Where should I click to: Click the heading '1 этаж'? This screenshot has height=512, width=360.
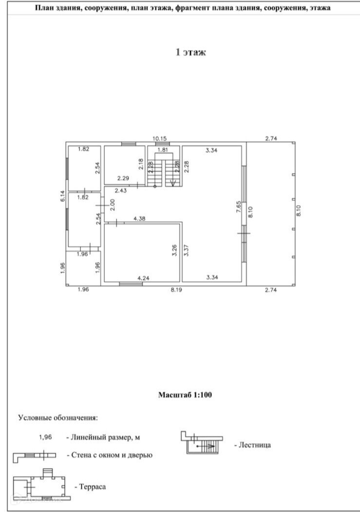pyautogui.click(x=190, y=52)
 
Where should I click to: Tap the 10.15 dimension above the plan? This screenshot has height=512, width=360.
pyautogui.click(x=159, y=139)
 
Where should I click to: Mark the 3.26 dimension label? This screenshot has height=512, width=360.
pyautogui.click(x=174, y=250)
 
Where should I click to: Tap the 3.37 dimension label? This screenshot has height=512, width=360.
pyautogui.click(x=187, y=250)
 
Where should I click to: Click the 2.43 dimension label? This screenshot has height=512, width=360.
pyautogui.click(x=121, y=190)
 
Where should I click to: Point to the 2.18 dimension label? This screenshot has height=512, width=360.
pyautogui.click(x=140, y=164)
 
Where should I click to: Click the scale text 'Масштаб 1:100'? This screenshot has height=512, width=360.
pyautogui.click(x=185, y=395)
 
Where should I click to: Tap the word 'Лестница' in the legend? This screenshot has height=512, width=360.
pyautogui.click(x=252, y=445)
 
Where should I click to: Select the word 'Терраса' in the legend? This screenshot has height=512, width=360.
pyautogui.click(x=90, y=486)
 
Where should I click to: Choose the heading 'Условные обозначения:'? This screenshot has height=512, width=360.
pyautogui.click(x=57, y=418)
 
